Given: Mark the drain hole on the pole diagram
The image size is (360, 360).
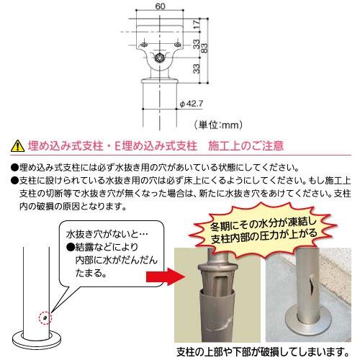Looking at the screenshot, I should point(45,315).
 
